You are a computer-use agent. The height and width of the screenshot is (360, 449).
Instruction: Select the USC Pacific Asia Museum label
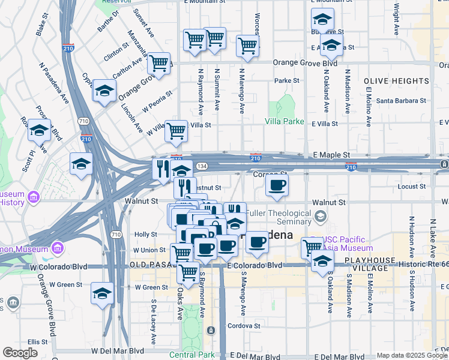pyautogui.click(x=347, y=243)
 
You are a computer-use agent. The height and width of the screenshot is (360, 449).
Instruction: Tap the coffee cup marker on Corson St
pyautogui.click(x=277, y=185)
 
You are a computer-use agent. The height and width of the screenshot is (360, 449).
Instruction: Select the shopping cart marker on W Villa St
pyautogui.click(x=176, y=131)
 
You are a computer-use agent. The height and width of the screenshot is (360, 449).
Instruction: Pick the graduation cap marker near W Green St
pyautogui.click(x=103, y=294)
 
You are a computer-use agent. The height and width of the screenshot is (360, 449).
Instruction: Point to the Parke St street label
pyautogui.click(x=287, y=80)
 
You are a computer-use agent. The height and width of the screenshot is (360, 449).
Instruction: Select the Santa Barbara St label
pyautogui.click(x=401, y=101)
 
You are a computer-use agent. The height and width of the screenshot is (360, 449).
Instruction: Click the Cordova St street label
pyautogui.click(x=244, y=326)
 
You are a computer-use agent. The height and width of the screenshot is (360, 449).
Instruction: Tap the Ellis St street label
pyautogui.click(x=37, y=341)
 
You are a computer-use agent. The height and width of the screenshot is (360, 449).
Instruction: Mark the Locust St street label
pyautogui.click(x=412, y=187)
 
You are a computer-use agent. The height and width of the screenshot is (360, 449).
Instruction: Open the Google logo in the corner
pyautogui.click(x=20, y=353)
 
